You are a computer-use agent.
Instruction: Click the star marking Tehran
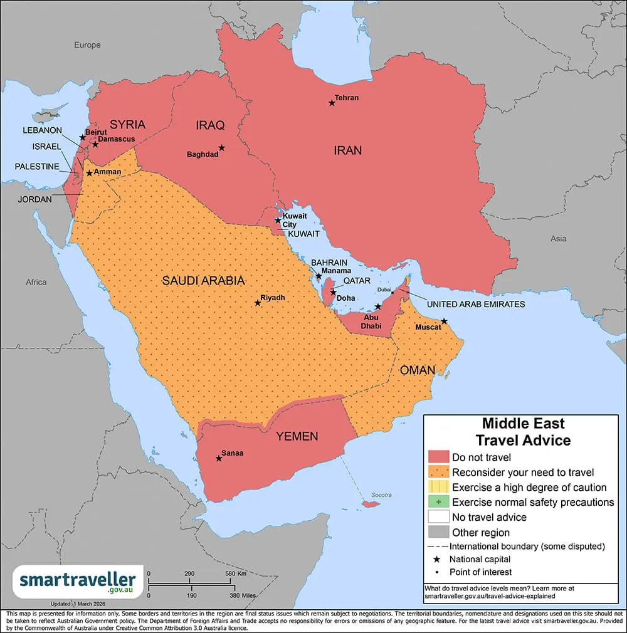(x=332, y=103)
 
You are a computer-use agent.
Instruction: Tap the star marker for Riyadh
(x=258, y=303)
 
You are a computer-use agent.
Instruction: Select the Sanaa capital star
(x=219, y=458)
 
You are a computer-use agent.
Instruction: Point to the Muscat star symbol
(x=444, y=321)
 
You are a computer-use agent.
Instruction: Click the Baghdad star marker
(x=221, y=148)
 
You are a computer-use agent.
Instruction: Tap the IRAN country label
(x=347, y=150)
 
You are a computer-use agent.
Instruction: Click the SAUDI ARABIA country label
(x=203, y=281)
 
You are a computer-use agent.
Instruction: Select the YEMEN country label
(x=297, y=436)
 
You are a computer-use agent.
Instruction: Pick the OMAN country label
(x=418, y=370)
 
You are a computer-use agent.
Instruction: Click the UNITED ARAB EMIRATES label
(x=475, y=304)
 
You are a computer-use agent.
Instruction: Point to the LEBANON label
(x=43, y=130)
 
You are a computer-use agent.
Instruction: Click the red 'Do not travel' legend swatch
(x=438, y=457)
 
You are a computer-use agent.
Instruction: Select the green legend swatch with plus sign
(x=438, y=502)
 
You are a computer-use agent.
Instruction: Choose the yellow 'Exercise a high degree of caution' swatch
(x=438, y=487)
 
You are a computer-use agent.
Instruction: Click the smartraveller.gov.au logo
(x=78, y=580)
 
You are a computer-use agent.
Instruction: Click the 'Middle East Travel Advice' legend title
(x=523, y=432)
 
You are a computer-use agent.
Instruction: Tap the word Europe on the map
(x=87, y=45)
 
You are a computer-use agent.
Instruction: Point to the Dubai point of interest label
(x=383, y=290)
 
